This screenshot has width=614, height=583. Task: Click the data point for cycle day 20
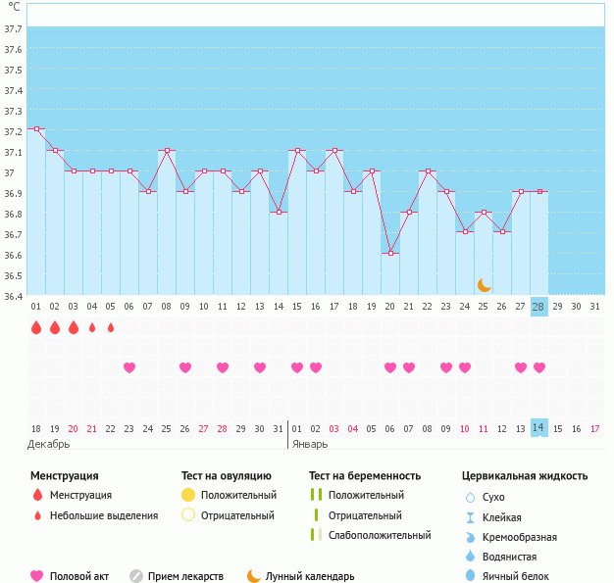(390, 254)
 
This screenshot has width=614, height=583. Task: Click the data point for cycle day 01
(36, 129)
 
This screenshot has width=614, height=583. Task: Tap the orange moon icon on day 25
(484, 284)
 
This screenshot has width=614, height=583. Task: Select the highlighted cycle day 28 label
(538, 307)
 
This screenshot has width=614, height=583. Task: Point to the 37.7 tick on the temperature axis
(14, 28)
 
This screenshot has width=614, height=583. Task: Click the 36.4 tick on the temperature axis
(14, 296)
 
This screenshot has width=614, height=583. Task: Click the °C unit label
(14, 7)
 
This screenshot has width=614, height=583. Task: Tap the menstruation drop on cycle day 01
(36, 327)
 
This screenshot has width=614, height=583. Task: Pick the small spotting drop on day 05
(111, 327)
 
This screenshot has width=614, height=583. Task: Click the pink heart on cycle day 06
(129, 367)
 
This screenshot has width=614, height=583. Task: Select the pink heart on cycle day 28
(538, 367)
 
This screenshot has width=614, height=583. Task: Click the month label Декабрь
(49, 443)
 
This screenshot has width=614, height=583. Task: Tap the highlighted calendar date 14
(538, 428)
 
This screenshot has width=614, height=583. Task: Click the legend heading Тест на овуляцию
(227, 476)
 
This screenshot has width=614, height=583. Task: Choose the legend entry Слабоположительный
(380, 535)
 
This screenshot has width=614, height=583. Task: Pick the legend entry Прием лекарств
(185, 577)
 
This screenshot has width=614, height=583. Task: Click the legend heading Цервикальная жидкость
(525, 476)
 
